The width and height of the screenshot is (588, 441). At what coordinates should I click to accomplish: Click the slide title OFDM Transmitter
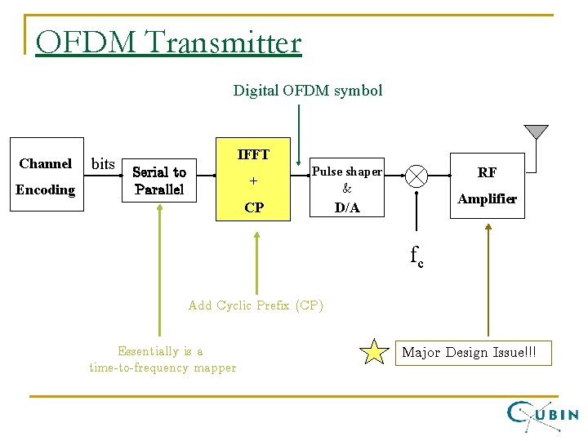pyautogui.click(x=168, y=42)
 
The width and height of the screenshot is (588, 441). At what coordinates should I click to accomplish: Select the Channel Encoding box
pyautogui.click(x=47, y=176)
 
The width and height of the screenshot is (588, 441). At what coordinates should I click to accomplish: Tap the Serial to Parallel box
pyautogui.click(x=159, y=180)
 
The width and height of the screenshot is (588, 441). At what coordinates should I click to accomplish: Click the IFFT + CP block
pyautogui.click(x=254, y=180)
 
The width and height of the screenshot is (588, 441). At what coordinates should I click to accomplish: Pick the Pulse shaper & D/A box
pyautogui.click(x=347, y=189)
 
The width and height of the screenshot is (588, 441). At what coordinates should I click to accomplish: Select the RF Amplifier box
pyautogui.click(x=487, y=185)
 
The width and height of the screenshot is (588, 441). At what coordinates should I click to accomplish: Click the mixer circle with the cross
pyautogui.click(x=417, y=176)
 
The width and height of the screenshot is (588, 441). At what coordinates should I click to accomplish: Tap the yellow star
pyautogui.click(x=375, y=352)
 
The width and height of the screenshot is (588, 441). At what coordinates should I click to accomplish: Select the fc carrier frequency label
pyautogui.click(x=416, y=256)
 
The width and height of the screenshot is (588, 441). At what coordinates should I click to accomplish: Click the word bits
pyautogui.click(x=103, y=164)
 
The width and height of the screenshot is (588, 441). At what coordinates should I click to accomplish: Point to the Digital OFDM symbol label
pyautogui.click(x=307, y=91)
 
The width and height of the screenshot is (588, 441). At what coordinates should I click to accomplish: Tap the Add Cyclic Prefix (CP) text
pyautogui.click(x=256, y=305)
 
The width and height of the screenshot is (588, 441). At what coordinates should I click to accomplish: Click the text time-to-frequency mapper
pyautogui.click(x=163, y=367)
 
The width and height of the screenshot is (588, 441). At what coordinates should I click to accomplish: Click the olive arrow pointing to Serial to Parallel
pyautogui.click(x=161, y=269)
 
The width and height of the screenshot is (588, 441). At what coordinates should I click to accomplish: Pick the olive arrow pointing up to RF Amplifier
pyautogui.click(x=488, y=278)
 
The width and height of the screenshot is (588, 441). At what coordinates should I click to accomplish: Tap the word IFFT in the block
pyautogui.click(x=253, y=154)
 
